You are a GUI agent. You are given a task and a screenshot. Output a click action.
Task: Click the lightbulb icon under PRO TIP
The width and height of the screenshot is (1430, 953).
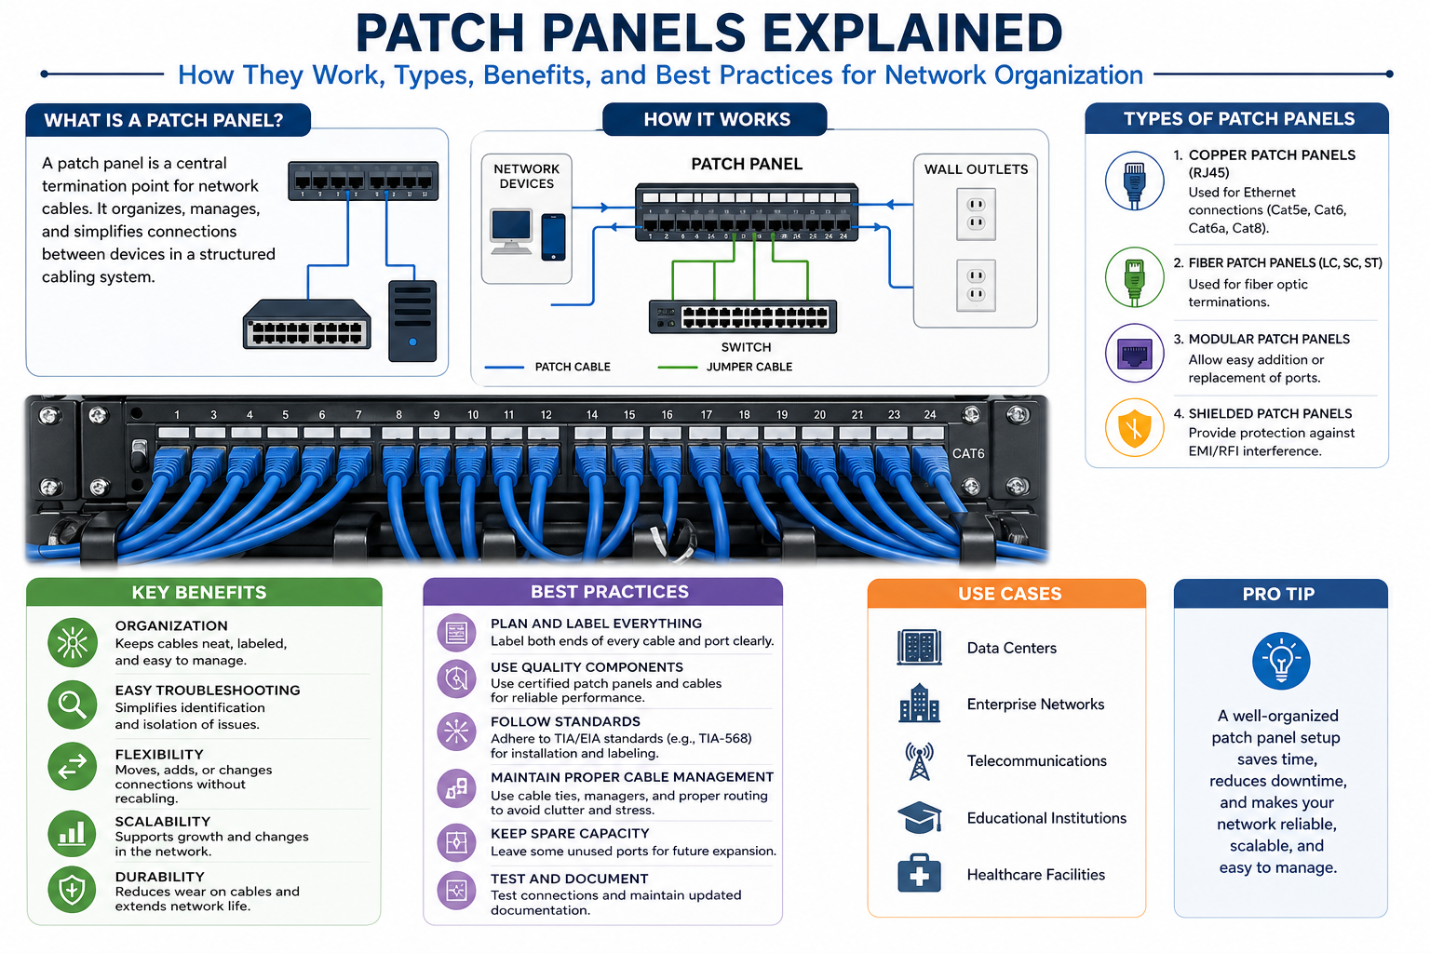tap(1281, 661)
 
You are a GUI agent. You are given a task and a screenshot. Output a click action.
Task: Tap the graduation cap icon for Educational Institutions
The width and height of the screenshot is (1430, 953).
tap(919, 818)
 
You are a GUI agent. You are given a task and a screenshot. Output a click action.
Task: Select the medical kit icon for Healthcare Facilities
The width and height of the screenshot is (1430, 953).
tap(919, 875)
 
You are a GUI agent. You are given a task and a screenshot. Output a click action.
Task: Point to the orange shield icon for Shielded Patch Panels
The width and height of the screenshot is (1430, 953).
tap(1134, 429)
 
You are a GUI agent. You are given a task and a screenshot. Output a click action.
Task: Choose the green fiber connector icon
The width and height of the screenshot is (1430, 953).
tap(1134, 277)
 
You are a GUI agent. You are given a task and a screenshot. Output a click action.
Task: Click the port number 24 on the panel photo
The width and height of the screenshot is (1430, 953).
tap(929, 415)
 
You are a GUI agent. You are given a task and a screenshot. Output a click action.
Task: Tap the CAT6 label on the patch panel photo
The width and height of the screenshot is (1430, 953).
tap(968, 454)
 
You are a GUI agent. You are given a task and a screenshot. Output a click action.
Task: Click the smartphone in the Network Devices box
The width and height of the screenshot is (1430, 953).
tap(553, 236)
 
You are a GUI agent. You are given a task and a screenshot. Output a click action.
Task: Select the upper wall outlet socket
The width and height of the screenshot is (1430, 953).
tap(976, 213)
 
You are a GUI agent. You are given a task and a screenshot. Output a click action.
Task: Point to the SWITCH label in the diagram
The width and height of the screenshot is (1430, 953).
tap(746, 347)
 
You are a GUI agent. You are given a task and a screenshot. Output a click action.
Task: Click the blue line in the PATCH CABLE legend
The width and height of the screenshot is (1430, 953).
tap(505, 368)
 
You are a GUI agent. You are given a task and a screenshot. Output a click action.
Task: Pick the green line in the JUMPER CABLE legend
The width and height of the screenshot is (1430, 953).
tap(677, 368)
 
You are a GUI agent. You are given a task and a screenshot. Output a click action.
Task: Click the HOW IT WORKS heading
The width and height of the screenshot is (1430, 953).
tap(716, 119)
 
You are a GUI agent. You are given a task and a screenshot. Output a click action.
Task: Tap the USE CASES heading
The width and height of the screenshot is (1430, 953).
tap(1009, 594)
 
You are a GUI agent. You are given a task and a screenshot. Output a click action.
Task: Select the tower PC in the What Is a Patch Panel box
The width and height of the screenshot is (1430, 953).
tap(411, 320)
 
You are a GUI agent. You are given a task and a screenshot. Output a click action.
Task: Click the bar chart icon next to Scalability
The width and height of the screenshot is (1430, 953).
tap(72, 833)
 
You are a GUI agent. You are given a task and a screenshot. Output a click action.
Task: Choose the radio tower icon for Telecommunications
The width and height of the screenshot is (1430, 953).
tap(919, 761)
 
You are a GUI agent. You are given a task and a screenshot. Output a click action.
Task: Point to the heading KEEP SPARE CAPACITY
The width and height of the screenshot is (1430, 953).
tap(570, 834)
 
